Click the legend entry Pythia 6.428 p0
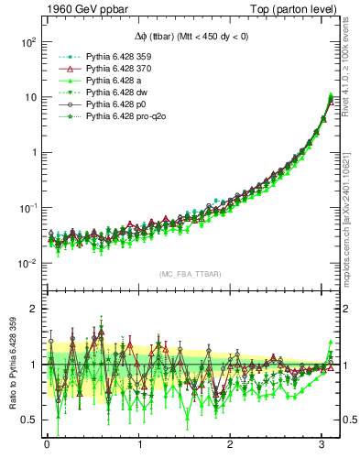111,105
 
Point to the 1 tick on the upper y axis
31,153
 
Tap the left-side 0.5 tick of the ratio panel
27,420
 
